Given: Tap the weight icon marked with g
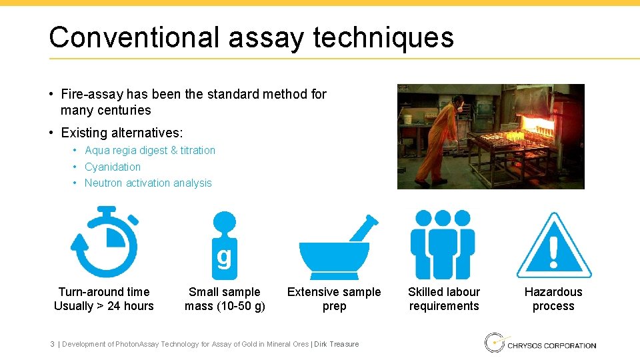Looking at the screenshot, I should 225,245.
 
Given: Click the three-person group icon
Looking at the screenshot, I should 443,244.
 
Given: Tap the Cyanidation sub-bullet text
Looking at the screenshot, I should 113,167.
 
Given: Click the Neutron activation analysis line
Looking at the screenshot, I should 148,183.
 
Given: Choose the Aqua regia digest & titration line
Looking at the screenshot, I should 150,151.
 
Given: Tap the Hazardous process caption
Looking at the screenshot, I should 553,299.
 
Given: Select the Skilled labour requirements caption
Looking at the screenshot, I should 444,299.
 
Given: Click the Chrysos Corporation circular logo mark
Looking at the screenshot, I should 494,343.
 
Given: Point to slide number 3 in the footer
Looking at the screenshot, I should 52,344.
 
